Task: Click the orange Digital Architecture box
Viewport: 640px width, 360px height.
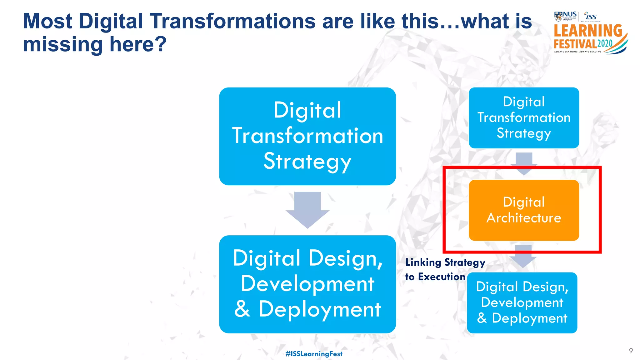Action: pyautogui.click(x=524, y=210)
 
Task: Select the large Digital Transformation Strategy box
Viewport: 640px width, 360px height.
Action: pyautogui.click(x=307, y=136)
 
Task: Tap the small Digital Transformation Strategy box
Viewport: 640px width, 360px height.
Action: pyautogui.click(x=524, y=117)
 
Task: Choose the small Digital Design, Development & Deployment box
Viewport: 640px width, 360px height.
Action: pyautogui.click(x=522, y=302)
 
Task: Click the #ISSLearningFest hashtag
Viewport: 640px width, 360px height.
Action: pyautogui.click(x=314, y=354)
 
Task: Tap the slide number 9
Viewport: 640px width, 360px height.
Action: pyautogui.click(x=631, y=351)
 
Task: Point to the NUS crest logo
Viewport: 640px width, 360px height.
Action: pyautogui.click(x=558, y=16)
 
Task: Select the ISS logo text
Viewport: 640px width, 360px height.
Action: pyautogui.click(x=591, y=16)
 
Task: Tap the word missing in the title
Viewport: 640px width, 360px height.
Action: pyautogui.click(x=62, y=44)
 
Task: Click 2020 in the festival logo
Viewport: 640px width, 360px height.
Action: pyautogui.click(x=605, y=43)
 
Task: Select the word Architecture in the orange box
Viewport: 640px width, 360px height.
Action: pyautogui.click(x=524, y=218)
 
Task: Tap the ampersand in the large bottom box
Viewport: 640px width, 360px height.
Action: pyautogui.click(x=242, y=309)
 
